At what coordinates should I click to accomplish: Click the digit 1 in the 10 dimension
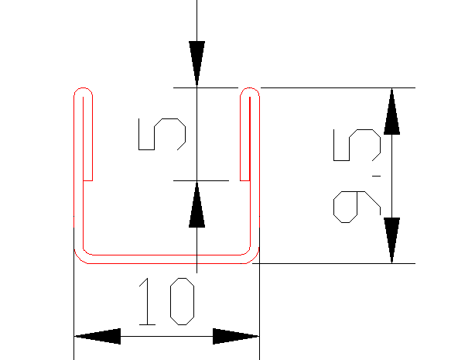click(148, 301)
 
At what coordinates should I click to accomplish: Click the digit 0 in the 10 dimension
click(183, 301)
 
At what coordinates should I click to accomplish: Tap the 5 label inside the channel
click(162, 134)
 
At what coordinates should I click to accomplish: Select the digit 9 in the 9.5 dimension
click(357, 207)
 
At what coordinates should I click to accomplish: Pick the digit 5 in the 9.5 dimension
click(357, 145)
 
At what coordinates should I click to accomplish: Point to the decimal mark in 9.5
click(376, 176)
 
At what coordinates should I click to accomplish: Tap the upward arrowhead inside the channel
click(197, 204)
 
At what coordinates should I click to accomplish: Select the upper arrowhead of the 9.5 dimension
click(391, 111)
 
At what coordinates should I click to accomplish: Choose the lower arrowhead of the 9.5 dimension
click(391, 240)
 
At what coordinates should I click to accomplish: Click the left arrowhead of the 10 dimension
click(97, 336)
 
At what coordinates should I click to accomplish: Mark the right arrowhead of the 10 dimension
click(236, 336)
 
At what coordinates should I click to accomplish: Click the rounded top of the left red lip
click(84, 87)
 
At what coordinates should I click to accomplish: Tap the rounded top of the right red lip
click(250, 87)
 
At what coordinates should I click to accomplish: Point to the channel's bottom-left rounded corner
click(78, 258)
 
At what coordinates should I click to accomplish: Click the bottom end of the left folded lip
click(88, 180)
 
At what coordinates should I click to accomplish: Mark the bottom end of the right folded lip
click(244, 180)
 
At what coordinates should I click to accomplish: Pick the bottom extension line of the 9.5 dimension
click(333, 263)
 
